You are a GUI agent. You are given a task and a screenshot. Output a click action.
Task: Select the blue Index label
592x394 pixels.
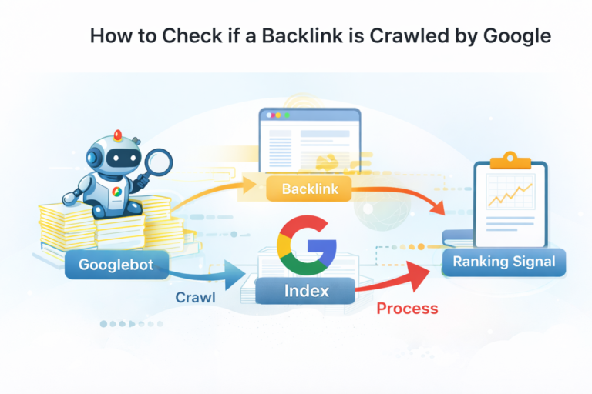307,291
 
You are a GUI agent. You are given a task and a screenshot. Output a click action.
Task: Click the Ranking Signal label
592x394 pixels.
503,262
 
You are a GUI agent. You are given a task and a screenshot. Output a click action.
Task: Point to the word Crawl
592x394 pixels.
195,298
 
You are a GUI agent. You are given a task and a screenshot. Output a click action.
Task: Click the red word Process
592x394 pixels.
407,309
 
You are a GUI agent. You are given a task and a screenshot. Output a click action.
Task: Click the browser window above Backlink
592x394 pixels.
308,142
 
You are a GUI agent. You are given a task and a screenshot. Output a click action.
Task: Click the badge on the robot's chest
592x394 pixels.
114,193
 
